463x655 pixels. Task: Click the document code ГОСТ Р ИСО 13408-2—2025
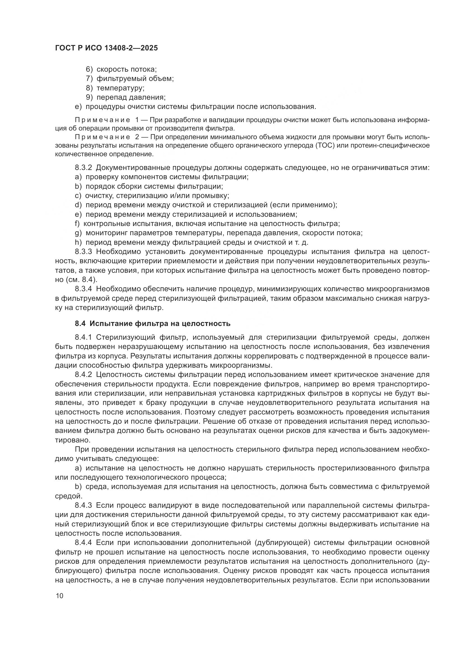[x=106, y=48]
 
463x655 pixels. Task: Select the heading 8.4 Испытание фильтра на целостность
[x=153, y=323]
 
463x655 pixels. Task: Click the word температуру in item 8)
[x=120, y=88]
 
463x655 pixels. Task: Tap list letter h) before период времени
[x=78, y=243]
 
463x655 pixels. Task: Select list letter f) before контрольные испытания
[x=77, y=224]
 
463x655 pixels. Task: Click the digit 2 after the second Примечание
[x=137, y=137]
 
